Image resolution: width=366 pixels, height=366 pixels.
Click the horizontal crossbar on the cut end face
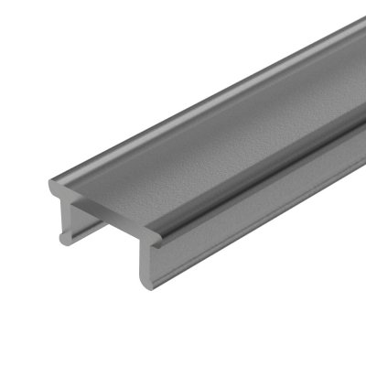(105, 219)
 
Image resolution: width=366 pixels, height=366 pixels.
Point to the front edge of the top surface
(110, 209)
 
